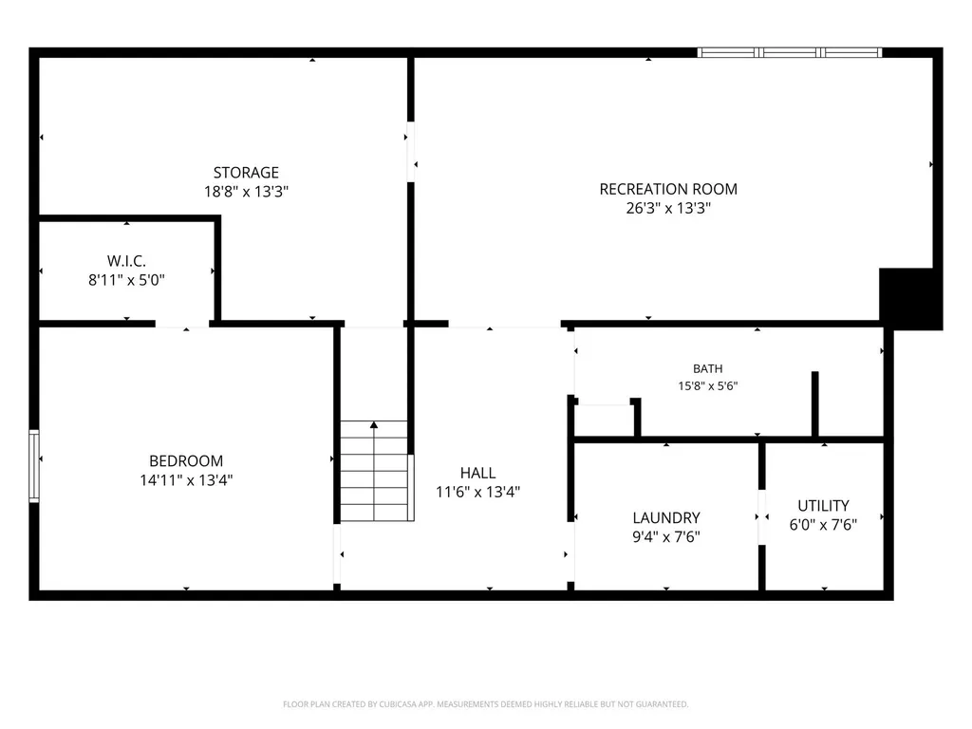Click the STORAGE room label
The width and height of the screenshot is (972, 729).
(246, 173)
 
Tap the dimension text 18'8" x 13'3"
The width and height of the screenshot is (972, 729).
(246, 192)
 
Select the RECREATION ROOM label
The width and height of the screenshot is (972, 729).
(668, 189)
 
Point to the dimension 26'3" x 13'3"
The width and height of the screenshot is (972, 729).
(668, 208)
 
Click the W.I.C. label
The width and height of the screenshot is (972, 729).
(126, 261)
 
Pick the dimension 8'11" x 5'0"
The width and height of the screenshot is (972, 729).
(126, 280)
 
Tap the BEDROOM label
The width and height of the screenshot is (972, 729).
(186, 461)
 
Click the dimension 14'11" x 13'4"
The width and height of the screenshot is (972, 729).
(186, 479)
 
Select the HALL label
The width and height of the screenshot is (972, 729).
(478, 473)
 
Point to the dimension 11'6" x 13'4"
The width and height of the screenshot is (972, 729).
(478, 493)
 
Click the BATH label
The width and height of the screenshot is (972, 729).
(708, 369)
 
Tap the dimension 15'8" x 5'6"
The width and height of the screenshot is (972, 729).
(708, 385)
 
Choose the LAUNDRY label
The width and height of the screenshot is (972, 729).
(666, 517)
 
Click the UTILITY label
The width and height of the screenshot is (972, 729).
(823, 506)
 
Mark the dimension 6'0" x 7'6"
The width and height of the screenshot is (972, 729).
(823, 525)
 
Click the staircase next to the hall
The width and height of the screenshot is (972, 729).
(374, 471)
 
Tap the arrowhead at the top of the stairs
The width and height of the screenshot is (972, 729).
(374, 424)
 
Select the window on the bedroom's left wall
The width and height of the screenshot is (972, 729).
(34, 465)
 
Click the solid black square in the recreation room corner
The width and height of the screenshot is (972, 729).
(910, 299)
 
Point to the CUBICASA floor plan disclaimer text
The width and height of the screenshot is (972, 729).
(485, 704)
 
